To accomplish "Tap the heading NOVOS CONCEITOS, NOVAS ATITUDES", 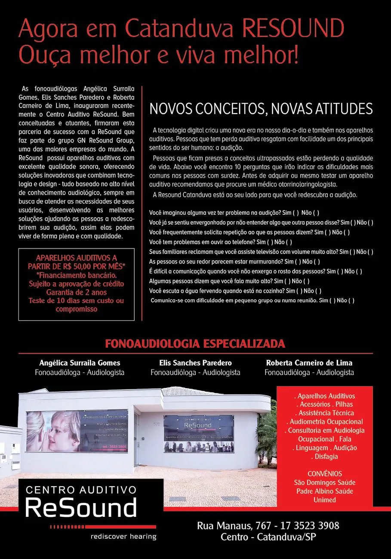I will tap(261, 109).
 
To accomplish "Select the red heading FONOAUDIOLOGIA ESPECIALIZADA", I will tap(195, 344).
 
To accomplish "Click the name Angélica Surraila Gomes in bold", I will tap(80, 363).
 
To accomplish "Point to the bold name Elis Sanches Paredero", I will tap(195, 363).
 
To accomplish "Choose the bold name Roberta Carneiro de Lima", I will tap(309, 363).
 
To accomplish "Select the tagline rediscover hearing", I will tap(123, 537).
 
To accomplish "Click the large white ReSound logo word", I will tap(81, 508).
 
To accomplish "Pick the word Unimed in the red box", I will tap(325, 500).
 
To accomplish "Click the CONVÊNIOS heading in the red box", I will tap(325, 474).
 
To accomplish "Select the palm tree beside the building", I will tap(268, 435).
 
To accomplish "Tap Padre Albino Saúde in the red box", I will tap(325, 491).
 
